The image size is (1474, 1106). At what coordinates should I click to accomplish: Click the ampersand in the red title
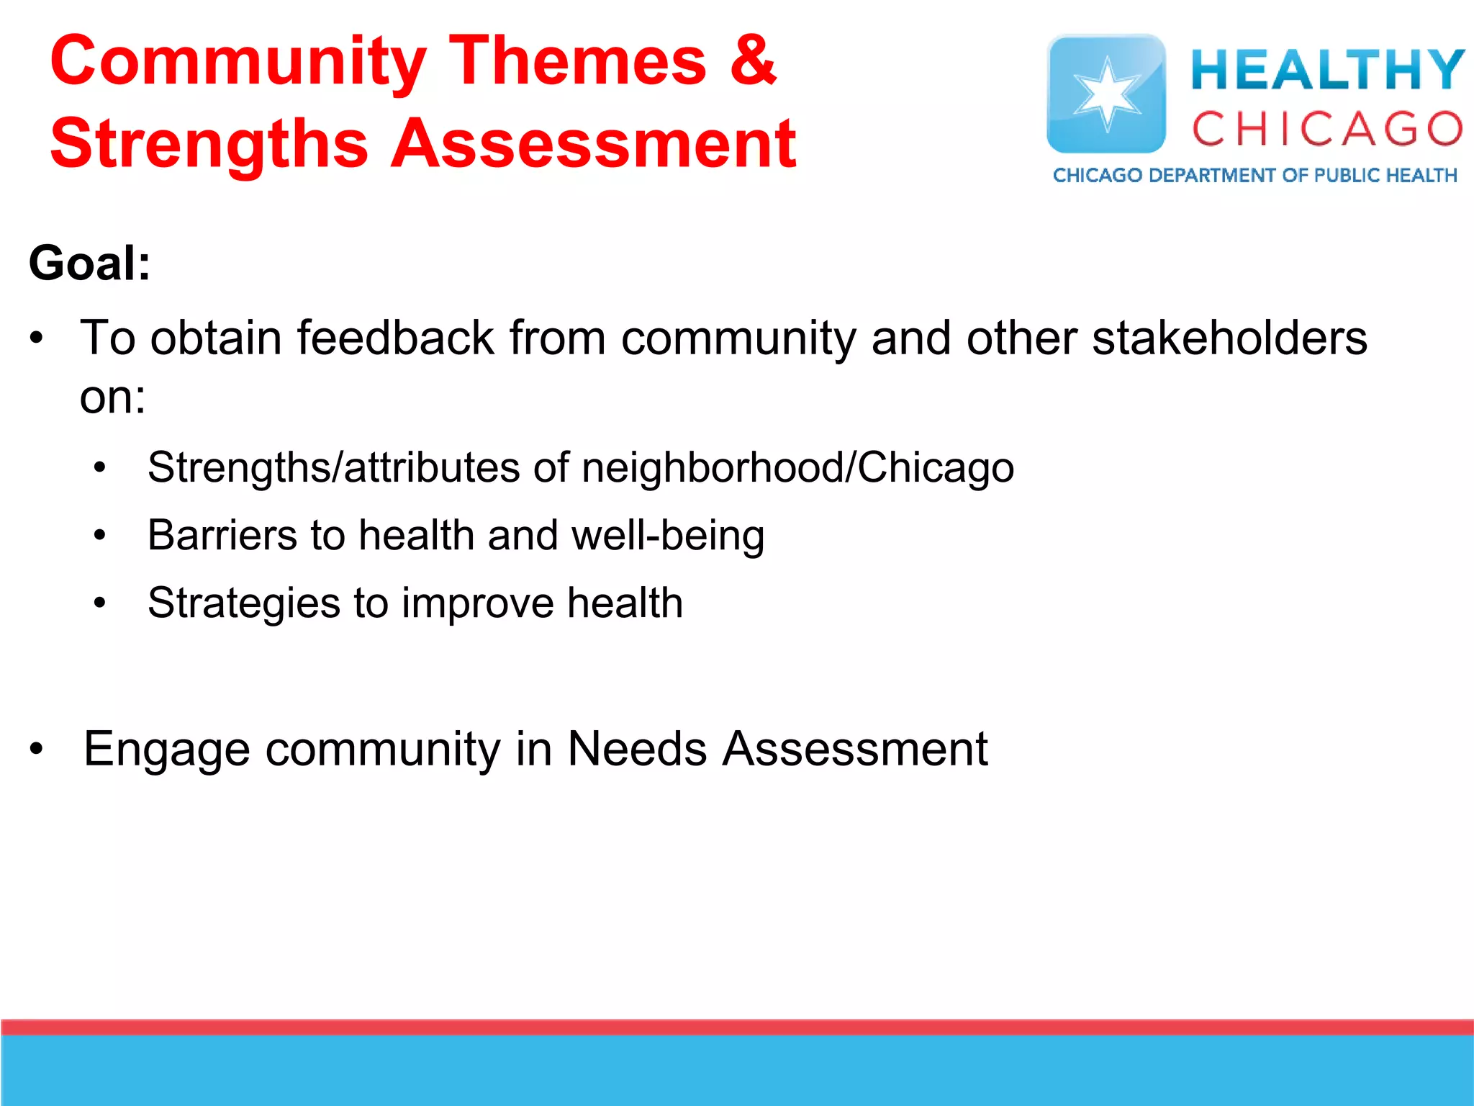[x=753, y=60]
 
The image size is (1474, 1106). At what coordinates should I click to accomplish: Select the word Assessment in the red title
[x=593, y=144]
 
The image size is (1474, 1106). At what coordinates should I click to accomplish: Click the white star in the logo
[x=1106, y=94]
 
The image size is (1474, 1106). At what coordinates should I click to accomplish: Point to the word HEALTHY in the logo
[x=1327, y=70]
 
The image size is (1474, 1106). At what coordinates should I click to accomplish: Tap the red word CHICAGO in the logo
[x=1327, y=130]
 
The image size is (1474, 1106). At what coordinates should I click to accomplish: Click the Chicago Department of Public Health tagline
[x=1254, y=176]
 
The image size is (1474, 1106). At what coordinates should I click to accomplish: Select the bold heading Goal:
[x=90, y=264]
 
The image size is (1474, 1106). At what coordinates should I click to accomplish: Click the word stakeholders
[x=1229, y=338]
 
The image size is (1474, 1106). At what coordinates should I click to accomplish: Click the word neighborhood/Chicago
[x=797, y=468]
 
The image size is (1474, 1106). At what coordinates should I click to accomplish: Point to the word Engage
[x=167, y=750]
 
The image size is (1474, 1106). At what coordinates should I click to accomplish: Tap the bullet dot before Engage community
[x=37, y=750]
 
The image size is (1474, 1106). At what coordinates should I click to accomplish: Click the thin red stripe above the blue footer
[x=737, y=1027]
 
